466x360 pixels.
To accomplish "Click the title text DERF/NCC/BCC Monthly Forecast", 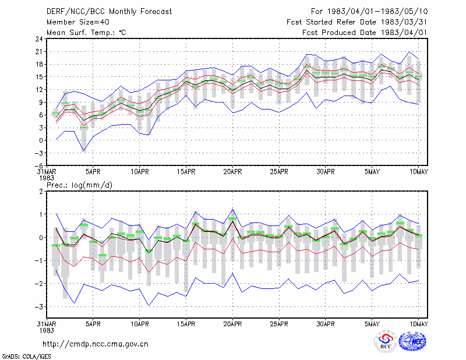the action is [109, 12].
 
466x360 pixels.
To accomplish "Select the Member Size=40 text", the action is [78, 22].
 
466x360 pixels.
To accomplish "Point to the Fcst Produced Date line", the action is [365, 33].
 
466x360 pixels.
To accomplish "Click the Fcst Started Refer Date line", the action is [357, 22].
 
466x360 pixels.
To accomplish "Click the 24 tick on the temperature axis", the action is [39, 39].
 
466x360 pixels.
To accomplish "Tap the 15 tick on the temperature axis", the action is [39, 77].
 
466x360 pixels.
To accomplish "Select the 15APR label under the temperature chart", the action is [186, 172].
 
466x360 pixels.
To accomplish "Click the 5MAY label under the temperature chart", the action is [372, 172].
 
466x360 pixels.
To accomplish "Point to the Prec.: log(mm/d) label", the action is [79, 185].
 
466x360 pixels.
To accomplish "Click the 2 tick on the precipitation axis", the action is [41, 192].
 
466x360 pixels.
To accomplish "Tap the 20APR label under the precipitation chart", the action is [232, 324].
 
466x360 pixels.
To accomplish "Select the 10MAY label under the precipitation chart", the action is [418, 324].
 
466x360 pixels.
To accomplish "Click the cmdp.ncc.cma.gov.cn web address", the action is [96, 344].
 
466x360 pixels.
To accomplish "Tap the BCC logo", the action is [386, 341].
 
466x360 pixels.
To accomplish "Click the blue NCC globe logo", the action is [412, 341].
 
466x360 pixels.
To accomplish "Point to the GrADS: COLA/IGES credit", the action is [26, 357].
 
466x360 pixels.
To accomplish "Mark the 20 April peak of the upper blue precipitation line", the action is [232, 209].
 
